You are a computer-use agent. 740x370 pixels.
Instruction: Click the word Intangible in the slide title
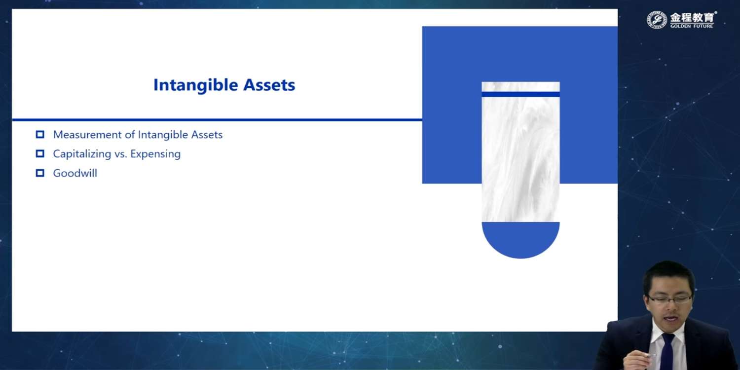[x=195, y=85]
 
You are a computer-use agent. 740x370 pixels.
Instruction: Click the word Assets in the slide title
[x=269, y=85]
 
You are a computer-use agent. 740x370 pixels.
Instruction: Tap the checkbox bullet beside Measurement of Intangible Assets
[x=40, y=135]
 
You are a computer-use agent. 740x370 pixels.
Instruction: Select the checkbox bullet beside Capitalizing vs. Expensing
[x=40, y=153]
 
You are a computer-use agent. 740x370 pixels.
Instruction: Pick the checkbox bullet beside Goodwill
[x=40, y=173]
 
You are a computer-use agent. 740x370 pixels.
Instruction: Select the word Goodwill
[x=75, y=173]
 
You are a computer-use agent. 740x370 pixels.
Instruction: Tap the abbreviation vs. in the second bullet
[x=120, y=154]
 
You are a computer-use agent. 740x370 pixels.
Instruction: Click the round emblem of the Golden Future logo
[x=657, y=20]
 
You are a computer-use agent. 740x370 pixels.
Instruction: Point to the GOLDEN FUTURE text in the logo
[x=692, y=26]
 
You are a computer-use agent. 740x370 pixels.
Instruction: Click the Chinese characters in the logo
[x=692, y=17]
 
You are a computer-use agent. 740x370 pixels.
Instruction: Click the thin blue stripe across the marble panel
[x=520, y=95]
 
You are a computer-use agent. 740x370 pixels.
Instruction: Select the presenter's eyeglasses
[x=669, y=299]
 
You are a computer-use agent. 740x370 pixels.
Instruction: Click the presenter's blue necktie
[x=667, y=351]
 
